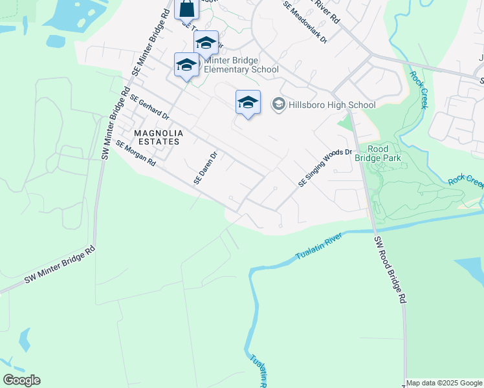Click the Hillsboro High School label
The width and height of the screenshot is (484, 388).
coord(332,105)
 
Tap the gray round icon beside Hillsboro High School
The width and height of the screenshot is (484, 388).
coord(279,104)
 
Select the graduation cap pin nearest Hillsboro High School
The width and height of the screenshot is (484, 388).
coord(248,102)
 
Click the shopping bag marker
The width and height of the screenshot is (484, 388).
coord(186,9)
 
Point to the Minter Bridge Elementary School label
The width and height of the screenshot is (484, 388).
coord(241,65)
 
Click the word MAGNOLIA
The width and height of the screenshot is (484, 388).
coord(159,133)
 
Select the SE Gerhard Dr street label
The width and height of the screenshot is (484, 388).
coord(149,108)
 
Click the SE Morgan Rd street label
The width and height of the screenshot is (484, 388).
coord(136,152)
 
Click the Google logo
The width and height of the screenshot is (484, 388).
coord(21,380)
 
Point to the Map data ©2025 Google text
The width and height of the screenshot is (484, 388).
coord(444,383)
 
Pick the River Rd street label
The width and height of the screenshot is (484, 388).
coord(326,10)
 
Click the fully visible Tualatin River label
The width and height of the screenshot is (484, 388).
coord(318,247)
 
